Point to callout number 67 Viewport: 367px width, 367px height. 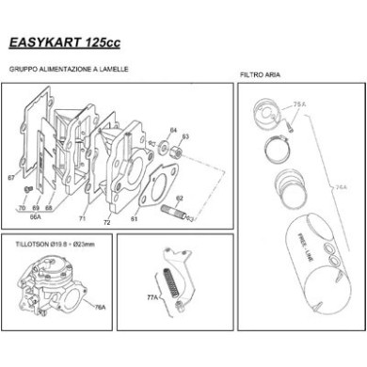pyautogui.click(x=10, y=176)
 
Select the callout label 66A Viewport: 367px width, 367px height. pyautogui.click(x=36, y=215)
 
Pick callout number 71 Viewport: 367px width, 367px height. pyautogui.click(x=82, y=219)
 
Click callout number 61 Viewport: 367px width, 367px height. pyautogui.click(x=135, y=219)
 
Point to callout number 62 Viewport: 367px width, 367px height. pyautogui.click(x=179, y=199)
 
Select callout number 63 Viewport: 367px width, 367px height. pyautogui.click(x=185, y=137)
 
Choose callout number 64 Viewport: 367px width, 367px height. pyautogui.click(x=173, y=130)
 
